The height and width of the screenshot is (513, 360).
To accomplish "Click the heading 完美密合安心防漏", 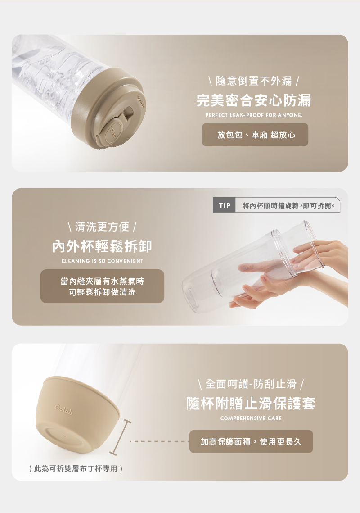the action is pos(254,100).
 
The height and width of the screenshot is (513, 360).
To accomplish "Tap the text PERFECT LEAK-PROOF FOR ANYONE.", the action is pos(254,115).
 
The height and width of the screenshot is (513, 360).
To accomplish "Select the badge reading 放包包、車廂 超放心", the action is pos(255,135).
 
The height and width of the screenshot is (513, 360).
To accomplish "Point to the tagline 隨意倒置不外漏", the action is pos(254,81).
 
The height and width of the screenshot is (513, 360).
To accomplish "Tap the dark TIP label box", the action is pos(224,205).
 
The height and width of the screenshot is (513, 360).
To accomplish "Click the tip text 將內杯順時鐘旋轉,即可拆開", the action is pos(289,205).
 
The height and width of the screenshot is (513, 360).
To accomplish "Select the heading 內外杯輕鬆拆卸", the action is pos(102,246).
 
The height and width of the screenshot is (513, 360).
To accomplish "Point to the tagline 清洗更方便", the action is pos(102,227).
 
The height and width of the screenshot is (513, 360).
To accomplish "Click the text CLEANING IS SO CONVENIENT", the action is pos(102,261).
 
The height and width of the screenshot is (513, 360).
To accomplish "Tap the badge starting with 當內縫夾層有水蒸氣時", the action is pos(102,286).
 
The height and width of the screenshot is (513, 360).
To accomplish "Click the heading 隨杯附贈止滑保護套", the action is pos(251,403).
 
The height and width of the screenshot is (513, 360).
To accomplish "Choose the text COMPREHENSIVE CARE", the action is pos(251,418).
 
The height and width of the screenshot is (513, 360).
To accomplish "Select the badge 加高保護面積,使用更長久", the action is pos(251,441).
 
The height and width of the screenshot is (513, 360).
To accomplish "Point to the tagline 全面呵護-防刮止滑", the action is pos(251,384).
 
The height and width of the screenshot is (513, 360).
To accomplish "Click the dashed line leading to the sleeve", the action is pos(159,442).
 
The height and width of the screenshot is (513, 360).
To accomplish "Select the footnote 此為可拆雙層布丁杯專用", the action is pos(76,468).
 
